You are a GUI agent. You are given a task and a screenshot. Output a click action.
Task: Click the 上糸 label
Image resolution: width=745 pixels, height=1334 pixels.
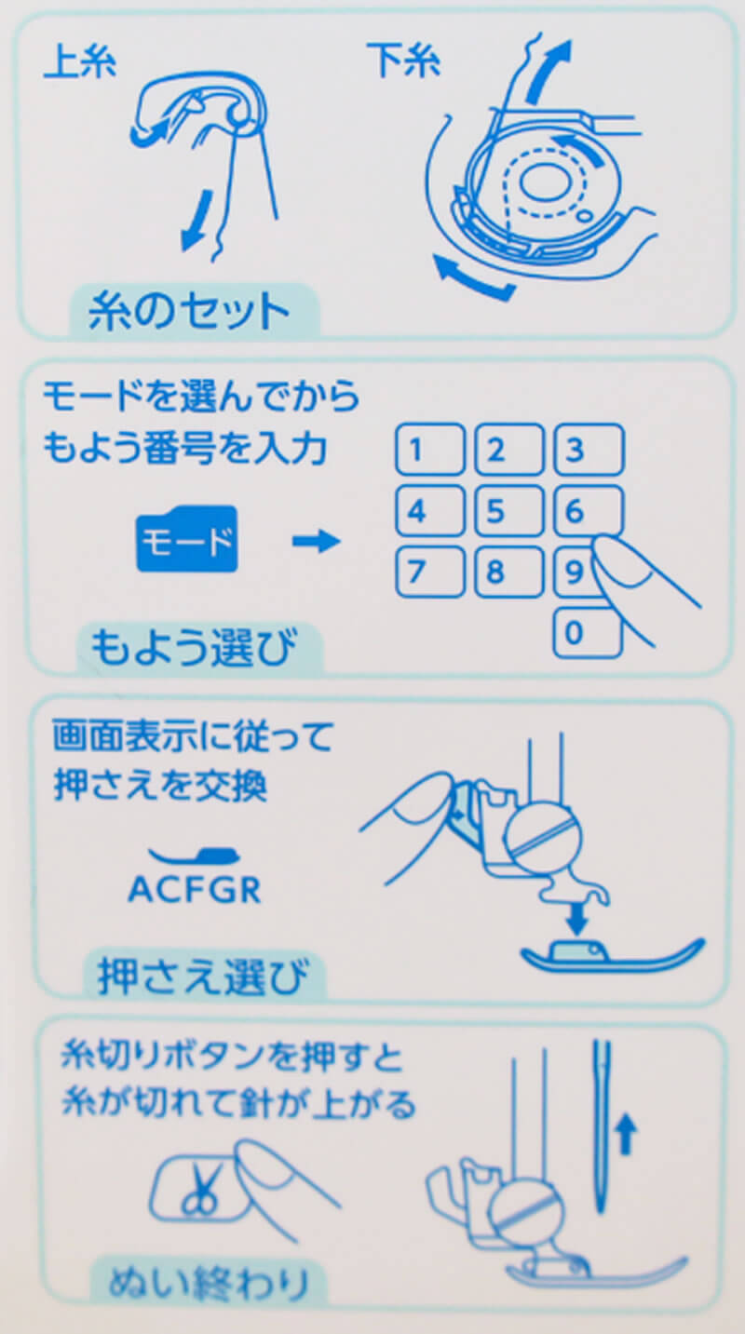pos(80,62)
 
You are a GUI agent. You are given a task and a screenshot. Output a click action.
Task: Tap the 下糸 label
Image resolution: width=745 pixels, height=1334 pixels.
pos(404,60)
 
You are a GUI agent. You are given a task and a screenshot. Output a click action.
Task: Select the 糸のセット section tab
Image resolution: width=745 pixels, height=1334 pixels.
pos(194,311)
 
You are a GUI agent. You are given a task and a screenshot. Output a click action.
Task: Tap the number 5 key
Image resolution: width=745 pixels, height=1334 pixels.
pos(509,511)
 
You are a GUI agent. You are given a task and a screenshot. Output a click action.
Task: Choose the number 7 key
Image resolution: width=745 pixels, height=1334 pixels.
pos(430,572)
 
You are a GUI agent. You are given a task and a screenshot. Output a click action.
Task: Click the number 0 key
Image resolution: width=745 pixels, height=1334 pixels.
pos(589,632)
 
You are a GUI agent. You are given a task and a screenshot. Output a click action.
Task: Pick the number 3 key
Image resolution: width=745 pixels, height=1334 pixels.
pos(589,450)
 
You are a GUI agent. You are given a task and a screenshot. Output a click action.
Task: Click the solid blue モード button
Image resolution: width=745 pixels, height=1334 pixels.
pos(187,539)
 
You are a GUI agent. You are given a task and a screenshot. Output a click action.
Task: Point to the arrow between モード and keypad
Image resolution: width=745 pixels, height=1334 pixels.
pos(317,542)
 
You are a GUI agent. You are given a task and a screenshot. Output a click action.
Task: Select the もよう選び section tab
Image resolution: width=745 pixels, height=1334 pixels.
pos(199,649)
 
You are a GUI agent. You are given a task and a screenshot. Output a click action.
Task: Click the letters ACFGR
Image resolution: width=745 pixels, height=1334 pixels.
pos(195,890)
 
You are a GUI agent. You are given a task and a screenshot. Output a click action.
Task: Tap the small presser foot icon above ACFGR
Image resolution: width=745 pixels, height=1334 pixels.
pos(195,856)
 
